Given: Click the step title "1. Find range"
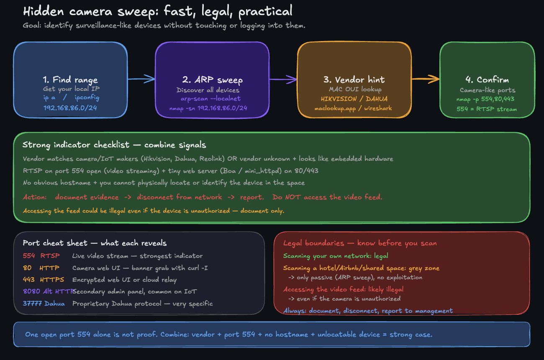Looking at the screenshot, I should pos(70,80).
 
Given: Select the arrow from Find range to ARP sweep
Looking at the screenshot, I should pos(141,79).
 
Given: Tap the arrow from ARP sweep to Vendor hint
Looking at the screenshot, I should pos(283,79).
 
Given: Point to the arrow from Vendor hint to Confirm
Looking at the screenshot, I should pos(425,79).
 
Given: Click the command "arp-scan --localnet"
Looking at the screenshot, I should pos(210,99).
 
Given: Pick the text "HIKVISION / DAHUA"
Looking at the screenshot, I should pos(354,99).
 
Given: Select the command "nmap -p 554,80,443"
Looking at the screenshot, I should pos(485,99).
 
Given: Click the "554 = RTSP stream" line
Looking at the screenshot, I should pos(487,109).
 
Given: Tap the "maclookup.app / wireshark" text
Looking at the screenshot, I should pos(353,108).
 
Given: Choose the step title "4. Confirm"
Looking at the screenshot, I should pos(487,80).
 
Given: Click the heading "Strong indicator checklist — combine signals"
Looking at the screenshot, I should pos(114,145).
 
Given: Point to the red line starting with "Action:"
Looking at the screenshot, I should pos(203,197).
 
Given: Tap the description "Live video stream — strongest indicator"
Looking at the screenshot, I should pos(137,256).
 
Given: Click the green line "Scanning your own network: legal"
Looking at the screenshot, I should pos(336,256).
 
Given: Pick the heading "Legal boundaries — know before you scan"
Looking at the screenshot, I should pos(360,243).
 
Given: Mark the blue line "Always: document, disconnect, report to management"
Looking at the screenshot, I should pos(368,311).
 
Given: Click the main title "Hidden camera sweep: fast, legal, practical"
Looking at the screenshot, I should pos(158,11).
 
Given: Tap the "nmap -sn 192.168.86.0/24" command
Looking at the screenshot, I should pos(208,108).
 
